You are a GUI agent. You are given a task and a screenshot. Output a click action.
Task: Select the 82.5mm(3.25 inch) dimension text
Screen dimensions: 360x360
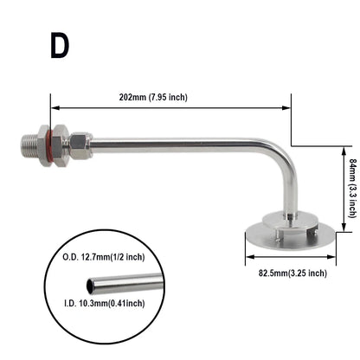pos(286,273)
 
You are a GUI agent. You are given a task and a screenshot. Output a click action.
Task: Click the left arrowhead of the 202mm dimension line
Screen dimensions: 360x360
pos(55,108)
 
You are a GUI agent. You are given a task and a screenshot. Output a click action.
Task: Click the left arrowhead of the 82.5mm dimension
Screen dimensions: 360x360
pos(248,257)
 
